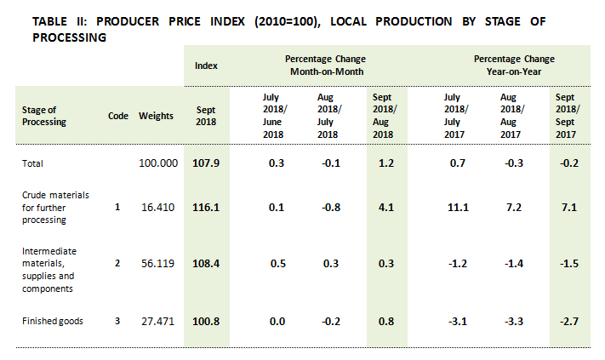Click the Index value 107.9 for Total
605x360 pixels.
[x=205, y=163]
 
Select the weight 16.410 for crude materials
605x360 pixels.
[x=158, y=206]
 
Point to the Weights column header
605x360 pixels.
[x=156, y=116]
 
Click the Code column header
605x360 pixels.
[x=118, y=116]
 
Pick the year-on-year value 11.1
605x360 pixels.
[x=453, y=206]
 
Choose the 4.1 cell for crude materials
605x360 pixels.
[x=385, y=206]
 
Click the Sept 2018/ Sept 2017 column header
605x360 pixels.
[x=568, y=116]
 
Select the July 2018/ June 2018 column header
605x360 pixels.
[x=273, y=116]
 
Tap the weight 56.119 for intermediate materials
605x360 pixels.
[x=158, y=263]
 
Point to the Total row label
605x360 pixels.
[x=32, y=163]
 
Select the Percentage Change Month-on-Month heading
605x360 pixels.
[x=326, y=65]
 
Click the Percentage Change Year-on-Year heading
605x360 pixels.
[x=514, y=65]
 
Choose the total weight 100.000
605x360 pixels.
[x=158, y=163]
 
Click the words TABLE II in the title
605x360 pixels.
[x=60, y=21]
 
